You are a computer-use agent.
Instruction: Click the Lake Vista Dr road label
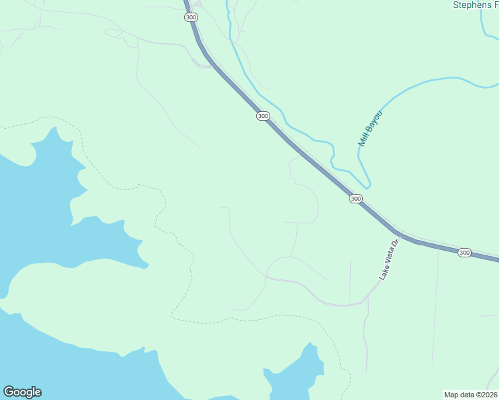coord(389,260)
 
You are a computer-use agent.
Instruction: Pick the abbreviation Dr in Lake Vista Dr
coord(395,244)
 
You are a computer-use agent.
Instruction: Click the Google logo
coord(22,392)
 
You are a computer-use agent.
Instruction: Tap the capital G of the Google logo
coord(9,392)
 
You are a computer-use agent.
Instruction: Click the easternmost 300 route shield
coord(464,253)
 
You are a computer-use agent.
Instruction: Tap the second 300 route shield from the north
coord(263,116)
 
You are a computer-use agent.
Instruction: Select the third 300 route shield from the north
coord(356,199)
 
